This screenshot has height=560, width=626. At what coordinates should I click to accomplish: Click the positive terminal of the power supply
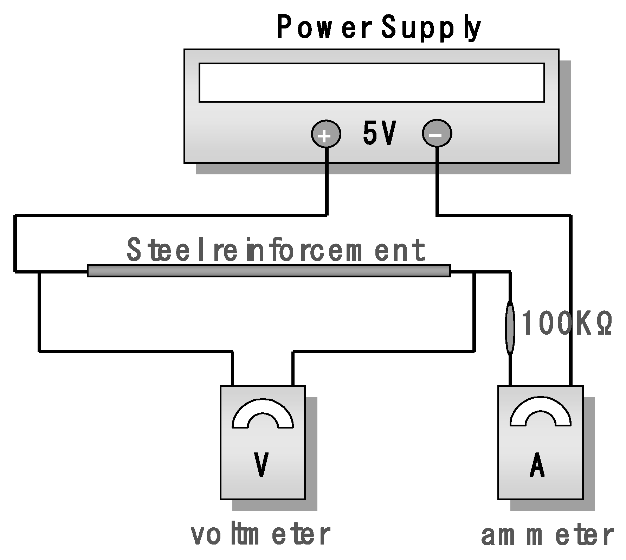pos(326,134)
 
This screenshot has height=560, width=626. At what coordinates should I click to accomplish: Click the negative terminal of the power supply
pos(437,134)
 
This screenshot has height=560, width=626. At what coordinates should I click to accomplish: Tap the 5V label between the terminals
pos(379,134)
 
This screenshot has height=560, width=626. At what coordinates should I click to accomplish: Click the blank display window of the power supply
pos(372,83)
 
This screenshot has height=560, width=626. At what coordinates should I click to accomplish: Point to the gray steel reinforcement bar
pos(269,271)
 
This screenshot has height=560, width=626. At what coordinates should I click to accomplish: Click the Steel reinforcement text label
pos(276,250)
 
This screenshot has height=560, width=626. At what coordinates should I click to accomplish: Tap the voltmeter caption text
pos(260,535)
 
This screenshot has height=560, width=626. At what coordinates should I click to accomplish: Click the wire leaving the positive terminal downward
pos(327,183)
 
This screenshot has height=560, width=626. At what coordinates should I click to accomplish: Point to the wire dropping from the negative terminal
pos(437,183)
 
